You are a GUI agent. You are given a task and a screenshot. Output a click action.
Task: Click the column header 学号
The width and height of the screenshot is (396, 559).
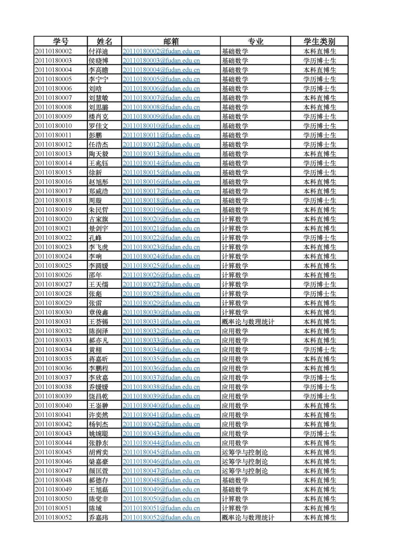(x=60, y=41)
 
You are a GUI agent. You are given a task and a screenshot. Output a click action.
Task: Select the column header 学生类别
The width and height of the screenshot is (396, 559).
(x=319, y=41)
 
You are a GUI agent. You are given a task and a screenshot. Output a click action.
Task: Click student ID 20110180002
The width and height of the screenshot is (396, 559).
(x=53, y=51)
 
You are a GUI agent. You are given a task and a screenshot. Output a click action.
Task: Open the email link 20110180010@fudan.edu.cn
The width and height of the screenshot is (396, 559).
(x=161, y=126)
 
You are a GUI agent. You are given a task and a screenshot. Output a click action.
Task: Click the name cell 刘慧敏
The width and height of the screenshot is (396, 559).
(x=98, y=98)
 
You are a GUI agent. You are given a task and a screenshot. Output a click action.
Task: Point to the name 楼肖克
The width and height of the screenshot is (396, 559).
(x=98, y=116)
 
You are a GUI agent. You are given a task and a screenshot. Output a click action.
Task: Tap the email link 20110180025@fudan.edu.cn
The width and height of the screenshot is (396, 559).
(x=161, y=266)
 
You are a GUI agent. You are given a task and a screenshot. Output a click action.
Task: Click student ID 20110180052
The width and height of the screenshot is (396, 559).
(x=53, y=517)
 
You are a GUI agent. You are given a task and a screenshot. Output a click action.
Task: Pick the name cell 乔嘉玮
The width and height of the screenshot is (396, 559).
(x=98, y=517)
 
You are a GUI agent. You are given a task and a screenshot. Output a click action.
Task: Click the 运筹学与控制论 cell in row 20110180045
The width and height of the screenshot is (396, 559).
(x=244, y=452)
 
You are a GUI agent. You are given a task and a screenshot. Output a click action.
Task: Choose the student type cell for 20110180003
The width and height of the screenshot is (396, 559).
(x=320, y=61)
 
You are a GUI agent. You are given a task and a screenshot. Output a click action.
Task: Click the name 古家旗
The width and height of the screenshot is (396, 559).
(x=98, y=219)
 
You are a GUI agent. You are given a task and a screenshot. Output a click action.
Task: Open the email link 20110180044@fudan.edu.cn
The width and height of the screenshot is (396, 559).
(x=161, y=443)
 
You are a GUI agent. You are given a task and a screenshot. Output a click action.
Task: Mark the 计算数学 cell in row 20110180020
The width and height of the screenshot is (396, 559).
(x=235, y=219)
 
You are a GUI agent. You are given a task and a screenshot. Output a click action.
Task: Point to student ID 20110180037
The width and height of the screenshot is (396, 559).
(x=53, y=377)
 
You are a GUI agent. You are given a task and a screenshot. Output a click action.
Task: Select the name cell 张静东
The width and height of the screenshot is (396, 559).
(x=98, y=443)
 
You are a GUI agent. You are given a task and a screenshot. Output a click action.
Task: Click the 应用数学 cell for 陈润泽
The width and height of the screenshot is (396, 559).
(x=235, y=331)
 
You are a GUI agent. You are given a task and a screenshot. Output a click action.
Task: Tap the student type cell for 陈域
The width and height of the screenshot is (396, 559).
(x=320, y=508)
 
